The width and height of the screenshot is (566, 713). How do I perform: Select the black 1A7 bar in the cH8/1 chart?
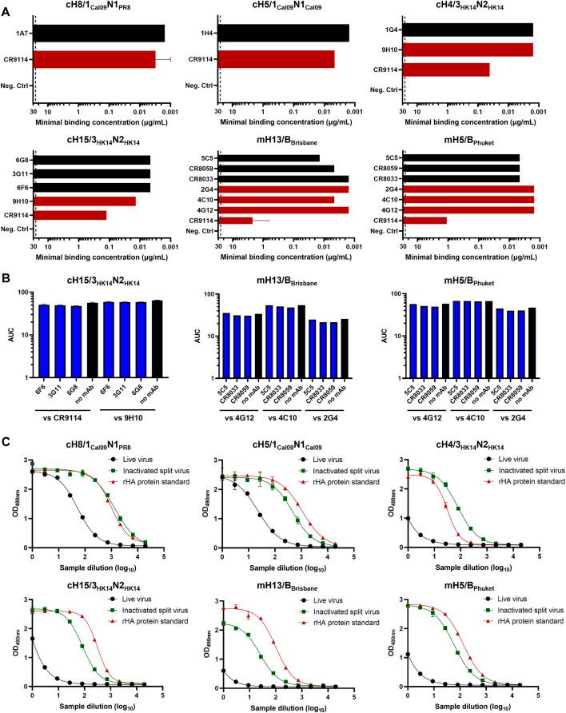click(x=100, y=33)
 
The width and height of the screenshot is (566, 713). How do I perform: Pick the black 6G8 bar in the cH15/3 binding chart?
click(x=93, y=159)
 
